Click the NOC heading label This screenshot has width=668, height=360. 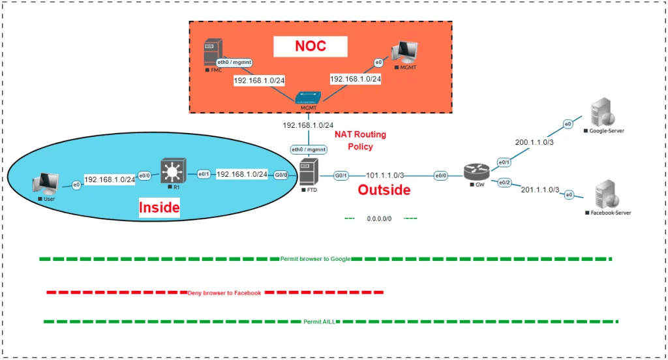pyautogui.click(x=310, y=46)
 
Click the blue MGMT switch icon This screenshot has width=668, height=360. pyautogui.click(x=307, y=98)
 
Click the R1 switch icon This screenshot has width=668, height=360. pyautogui.click(x=172, y=172)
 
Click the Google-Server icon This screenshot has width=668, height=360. pyautogui.click(x=600, y=113)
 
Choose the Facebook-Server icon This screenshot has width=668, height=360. pyautogui.click(x=606, y=196)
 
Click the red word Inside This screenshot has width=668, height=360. pyautogui.click(x=159, y=208)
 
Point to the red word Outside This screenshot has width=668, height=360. pyautogui.click(x=384, y=190)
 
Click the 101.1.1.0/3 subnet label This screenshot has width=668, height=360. pyautogui.click(x=386, y=175)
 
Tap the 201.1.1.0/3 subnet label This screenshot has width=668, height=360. pyautogui.click(x=539, y=190)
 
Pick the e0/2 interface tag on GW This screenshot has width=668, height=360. pyautogui.click(x=505, y=183)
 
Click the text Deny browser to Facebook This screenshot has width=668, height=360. pyautogui.click(x=224, y=293)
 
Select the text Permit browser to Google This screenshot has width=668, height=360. pyautogui.click(x=315, y=259)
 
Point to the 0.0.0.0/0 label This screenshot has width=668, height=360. pyautogui.click(x=379, y=218)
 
